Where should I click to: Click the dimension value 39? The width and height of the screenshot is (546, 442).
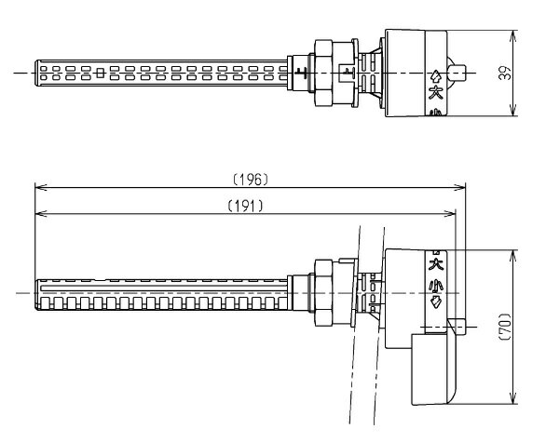(505, 73)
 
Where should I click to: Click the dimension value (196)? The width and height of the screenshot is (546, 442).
(251, 180)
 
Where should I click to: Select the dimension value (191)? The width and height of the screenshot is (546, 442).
(245, 207)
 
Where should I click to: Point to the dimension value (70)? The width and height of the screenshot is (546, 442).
(505, 327)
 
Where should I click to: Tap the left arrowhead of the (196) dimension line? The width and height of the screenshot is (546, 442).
(41, 187)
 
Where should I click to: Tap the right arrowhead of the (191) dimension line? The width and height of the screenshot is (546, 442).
(450, 214)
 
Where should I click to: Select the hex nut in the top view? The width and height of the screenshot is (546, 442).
(323, 73)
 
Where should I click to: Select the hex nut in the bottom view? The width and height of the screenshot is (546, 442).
(323, 293)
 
